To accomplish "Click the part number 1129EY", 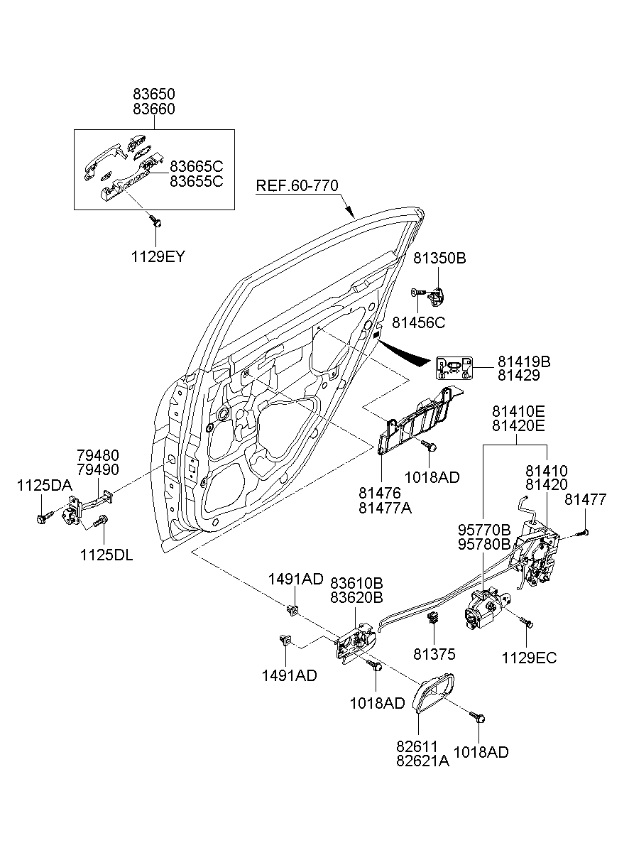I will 157,257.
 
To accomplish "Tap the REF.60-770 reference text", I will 297,186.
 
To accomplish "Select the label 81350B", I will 439,258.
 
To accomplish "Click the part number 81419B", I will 523,361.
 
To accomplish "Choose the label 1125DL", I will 106,555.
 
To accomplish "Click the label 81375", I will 434,654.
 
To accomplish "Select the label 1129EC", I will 529,658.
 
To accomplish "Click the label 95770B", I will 485,529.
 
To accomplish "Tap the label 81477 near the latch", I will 586,500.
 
